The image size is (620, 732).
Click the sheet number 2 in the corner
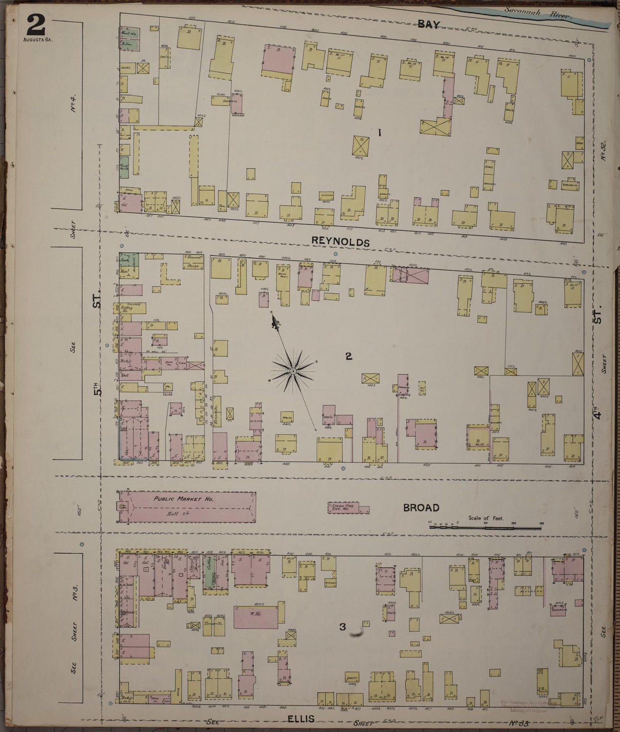point(36,25)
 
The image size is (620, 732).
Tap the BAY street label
point(429,24)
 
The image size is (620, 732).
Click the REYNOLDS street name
point(340,242)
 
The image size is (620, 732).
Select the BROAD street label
point(421,507)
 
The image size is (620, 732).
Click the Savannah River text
point(538,13)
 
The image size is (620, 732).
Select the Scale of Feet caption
point(486,518)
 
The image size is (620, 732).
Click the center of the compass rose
point(293,371)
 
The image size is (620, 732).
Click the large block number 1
point(379,133)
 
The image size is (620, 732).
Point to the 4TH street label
point(599,415)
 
